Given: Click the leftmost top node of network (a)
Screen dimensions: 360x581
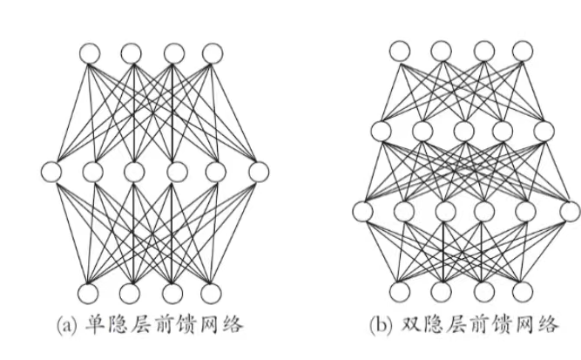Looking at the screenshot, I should pos(91,54).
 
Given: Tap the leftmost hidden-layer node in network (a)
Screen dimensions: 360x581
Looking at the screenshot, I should pos(50,170).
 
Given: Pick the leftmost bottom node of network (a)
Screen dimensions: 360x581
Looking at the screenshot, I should pos(91,291).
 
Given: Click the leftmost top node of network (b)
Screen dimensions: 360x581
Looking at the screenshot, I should pos(400,51).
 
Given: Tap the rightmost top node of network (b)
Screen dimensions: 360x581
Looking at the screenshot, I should pos(523,51).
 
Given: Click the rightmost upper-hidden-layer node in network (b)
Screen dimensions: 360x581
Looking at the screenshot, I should pos(544,132).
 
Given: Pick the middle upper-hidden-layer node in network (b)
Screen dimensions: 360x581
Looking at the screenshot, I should pos(463,132).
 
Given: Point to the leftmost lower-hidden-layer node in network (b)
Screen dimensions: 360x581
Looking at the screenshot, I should pos(361,210).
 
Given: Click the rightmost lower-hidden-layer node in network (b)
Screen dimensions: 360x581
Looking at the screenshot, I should pos(568,210).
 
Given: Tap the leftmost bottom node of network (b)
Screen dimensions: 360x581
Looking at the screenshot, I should pos(400,291).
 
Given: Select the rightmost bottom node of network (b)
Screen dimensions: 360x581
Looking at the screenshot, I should pos(523,291).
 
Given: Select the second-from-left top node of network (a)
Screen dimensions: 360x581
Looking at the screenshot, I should pos(132,54).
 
